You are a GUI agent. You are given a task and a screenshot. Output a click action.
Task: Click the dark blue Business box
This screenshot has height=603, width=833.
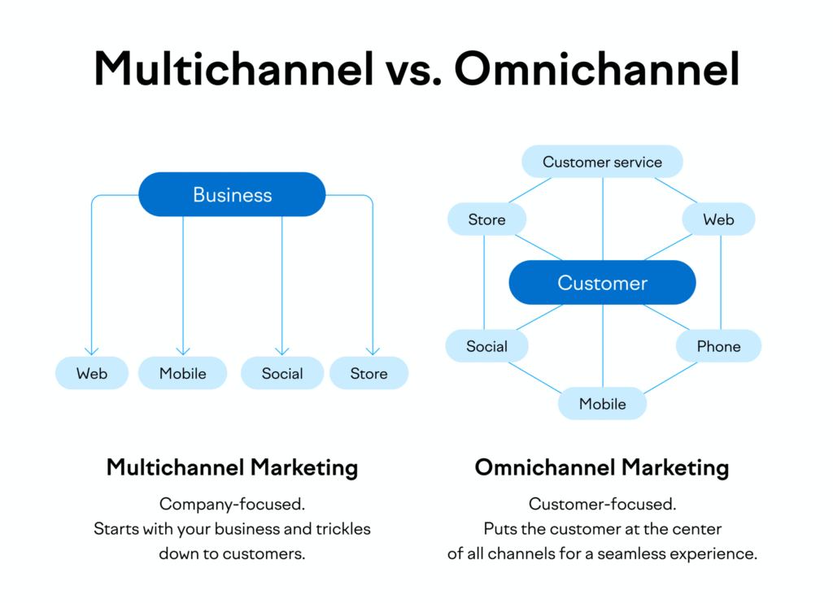(x=232, y=194)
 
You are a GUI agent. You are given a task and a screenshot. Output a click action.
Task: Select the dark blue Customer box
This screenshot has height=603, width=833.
(x=602, y=283)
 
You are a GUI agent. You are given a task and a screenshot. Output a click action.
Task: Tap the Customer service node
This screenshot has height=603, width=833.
(x=602, y=162)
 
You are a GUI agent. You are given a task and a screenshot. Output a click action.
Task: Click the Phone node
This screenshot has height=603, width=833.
(x=718, y=346)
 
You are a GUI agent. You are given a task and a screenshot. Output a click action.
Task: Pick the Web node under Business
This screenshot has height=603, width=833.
(x=92, y=374)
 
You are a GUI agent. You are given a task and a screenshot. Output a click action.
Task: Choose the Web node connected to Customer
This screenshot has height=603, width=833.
(x=718, y=219)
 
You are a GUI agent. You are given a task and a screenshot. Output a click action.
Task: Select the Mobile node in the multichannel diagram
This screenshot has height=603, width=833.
(x=183, y=374)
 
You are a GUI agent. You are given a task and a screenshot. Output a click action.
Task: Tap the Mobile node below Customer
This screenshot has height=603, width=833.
(x=602, y=404)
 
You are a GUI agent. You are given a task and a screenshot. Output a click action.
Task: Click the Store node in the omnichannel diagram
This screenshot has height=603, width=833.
(x=486, y=219)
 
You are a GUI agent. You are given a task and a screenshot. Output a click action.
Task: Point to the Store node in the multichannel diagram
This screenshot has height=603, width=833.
(x=369, y=374)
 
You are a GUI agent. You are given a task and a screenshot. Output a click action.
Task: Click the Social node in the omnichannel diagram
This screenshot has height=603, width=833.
(x=486, y=346)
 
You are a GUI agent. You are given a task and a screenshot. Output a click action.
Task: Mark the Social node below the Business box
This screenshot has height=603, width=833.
(x=282, y=374)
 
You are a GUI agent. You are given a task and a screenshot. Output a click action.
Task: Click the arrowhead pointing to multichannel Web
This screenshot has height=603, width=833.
(x=92, y=351)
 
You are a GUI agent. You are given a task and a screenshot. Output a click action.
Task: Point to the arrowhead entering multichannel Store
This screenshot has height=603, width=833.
(x=373, y=351)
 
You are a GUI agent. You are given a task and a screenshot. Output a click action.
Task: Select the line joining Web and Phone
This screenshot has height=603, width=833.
(x=721, y=283)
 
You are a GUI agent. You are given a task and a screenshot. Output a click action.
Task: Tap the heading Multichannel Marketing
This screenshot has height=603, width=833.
(x=232, y=467)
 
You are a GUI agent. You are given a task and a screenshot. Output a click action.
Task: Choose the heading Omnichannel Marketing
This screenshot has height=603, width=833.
(x=602, y=467)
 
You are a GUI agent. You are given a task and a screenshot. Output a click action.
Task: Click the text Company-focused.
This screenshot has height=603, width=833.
(x=232, y=504)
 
